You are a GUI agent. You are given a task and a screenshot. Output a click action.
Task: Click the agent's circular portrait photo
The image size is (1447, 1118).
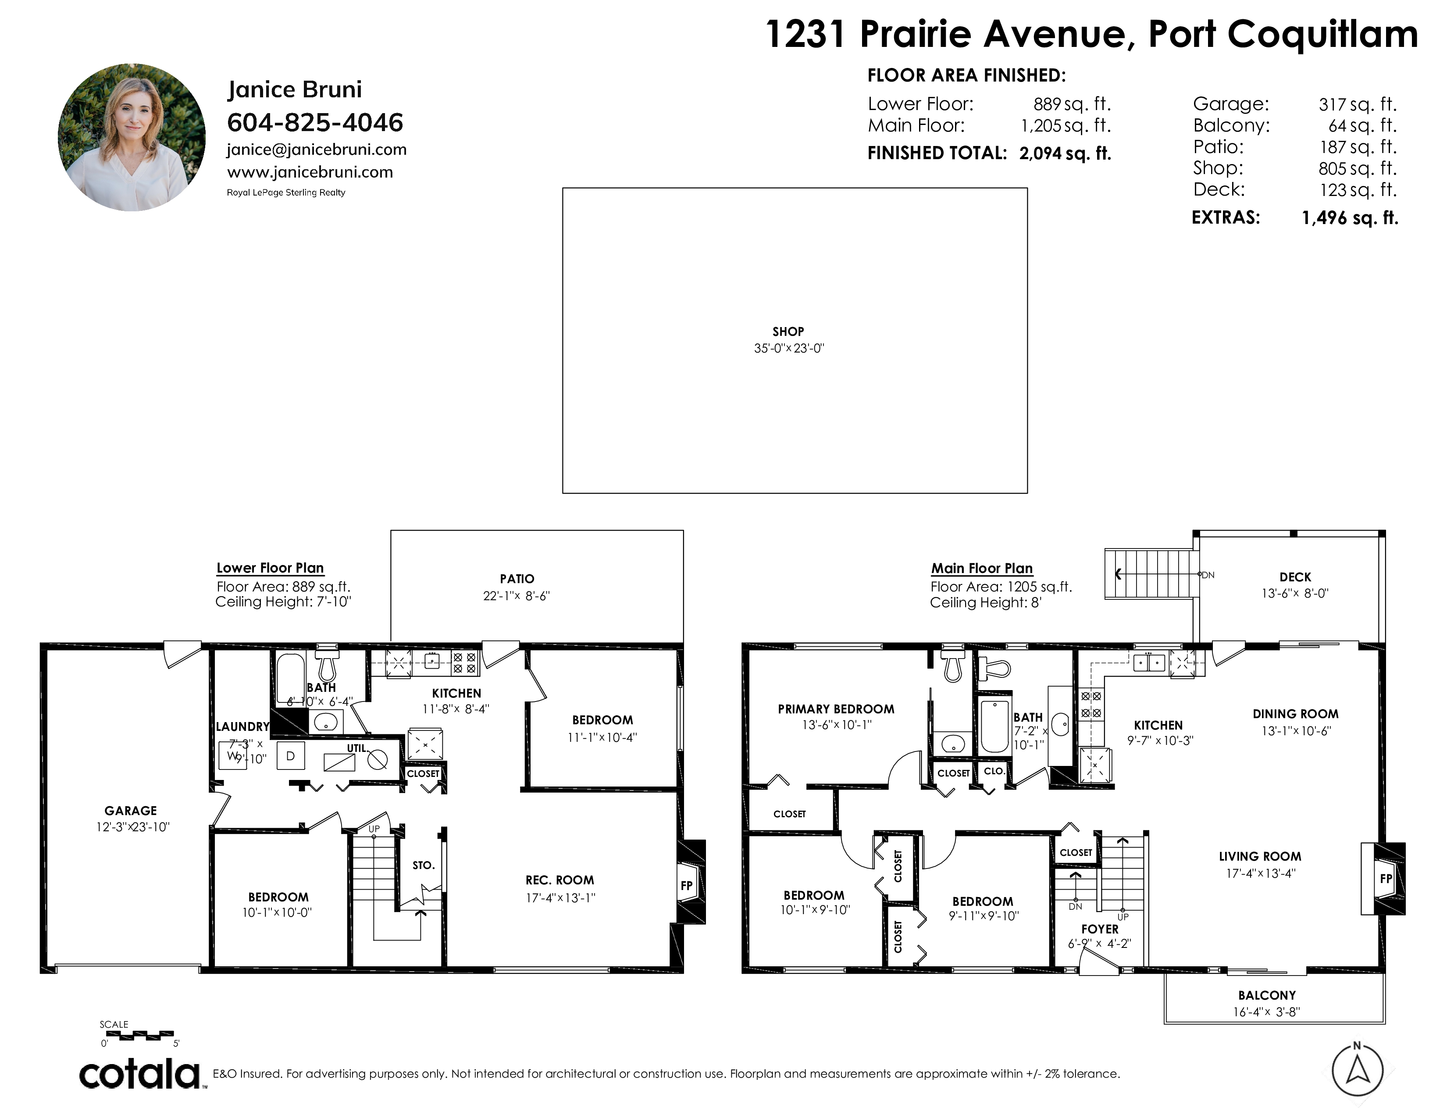132,137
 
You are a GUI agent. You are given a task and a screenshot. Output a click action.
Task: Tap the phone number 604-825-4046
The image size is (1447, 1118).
315,122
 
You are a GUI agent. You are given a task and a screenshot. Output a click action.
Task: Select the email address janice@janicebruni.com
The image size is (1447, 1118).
317,150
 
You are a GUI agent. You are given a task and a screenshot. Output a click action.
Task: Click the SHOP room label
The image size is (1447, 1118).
788,331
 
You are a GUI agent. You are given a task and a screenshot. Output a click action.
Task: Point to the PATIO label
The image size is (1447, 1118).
517,579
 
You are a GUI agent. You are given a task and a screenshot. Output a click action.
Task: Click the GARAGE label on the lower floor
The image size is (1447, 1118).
131,811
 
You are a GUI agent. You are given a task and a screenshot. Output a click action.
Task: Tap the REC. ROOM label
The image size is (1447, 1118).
560,880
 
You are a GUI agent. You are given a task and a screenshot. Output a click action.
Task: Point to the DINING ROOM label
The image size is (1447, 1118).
1295,714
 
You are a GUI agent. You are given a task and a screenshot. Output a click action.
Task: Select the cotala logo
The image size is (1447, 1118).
142,1074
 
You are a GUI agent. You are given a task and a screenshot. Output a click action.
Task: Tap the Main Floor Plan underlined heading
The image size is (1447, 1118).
982,568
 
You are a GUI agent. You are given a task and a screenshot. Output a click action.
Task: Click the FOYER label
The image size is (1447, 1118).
1100,929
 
